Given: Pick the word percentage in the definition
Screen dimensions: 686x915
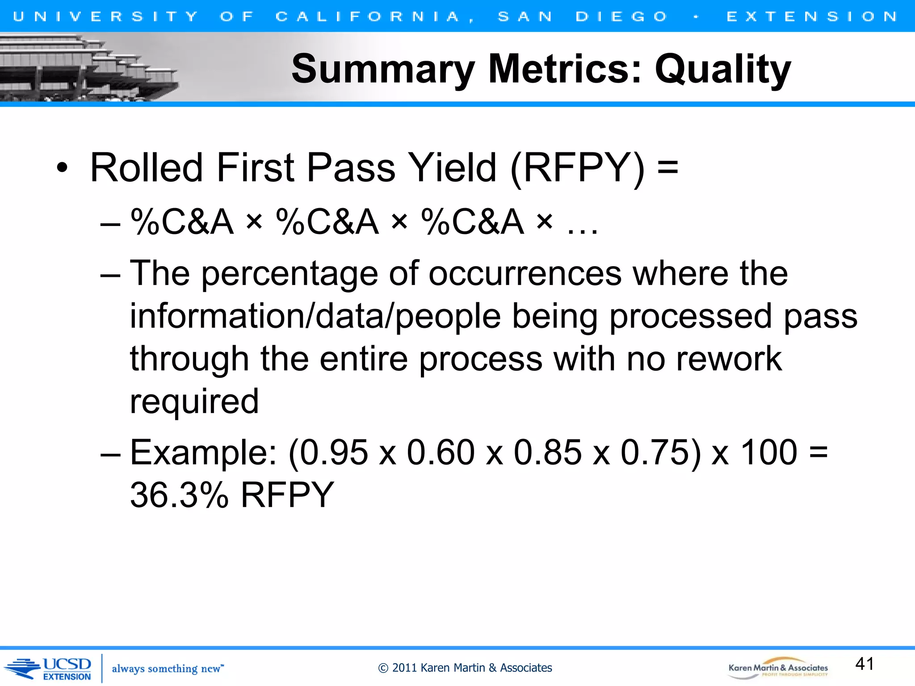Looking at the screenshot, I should pos(289,274).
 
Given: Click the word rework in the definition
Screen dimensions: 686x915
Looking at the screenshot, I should pos(729,359).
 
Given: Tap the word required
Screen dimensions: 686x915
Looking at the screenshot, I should pos(194,402).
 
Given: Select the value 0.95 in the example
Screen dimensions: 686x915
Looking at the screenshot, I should pos(334,453).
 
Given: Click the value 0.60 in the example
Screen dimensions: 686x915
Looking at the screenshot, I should pos(441,453).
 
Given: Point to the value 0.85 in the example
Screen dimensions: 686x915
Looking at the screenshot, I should pos(548,453).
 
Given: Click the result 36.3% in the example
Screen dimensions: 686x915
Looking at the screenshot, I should pos(179,495).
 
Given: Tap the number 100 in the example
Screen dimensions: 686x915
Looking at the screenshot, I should pos(769,453).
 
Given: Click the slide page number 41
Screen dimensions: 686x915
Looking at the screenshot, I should pos(865,664).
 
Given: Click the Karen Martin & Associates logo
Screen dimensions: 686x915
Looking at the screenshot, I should pos(778,668).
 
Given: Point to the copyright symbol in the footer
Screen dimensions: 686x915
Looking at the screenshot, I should pos(383,668).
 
